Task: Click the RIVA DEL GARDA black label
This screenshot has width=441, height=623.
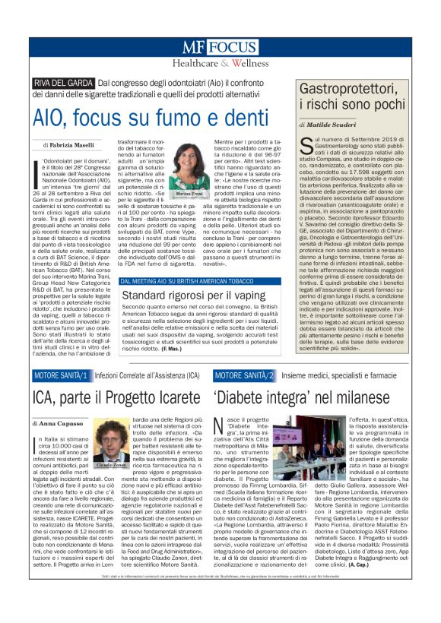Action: pyautogui.click(x=63, y=84)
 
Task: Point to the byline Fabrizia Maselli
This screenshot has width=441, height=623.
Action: pyautogui.click(x=72, y=144)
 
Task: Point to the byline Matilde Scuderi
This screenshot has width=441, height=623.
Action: pyautogui.click(x=332, y=123)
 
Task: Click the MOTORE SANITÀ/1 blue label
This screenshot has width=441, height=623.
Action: pyautogui.click(x=62, y=376)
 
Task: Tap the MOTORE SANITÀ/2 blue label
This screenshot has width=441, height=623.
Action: pyautogui.click(x=241, y=376)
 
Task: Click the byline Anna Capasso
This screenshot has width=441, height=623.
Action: pyautogui.click(x=60, y=422)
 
